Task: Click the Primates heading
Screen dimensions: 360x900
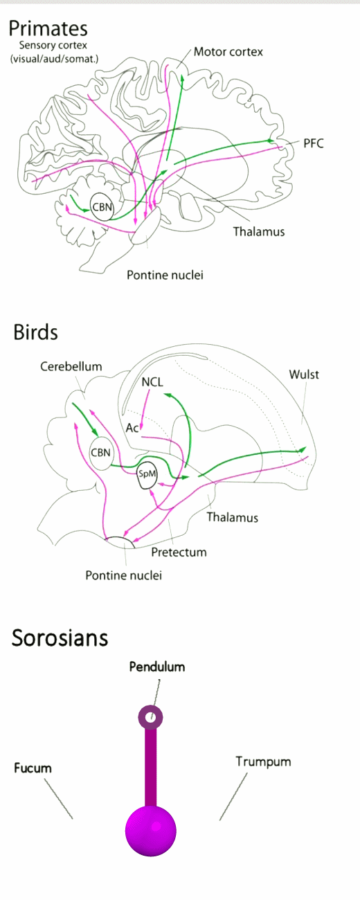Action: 48,29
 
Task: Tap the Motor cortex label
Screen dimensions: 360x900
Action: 228,52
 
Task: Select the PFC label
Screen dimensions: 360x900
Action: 314,143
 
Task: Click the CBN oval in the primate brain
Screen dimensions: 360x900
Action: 102,207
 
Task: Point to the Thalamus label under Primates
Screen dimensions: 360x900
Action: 259,231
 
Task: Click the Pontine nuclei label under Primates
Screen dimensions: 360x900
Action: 165,275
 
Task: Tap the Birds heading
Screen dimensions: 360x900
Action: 35,332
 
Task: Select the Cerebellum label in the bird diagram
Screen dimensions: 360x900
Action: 71,366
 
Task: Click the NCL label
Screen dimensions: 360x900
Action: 152,381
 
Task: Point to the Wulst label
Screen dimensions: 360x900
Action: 304,375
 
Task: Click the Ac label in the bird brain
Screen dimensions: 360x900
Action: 132,428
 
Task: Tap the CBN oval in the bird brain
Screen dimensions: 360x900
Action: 101,453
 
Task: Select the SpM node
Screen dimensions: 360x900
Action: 147,474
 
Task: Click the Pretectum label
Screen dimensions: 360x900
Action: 179,552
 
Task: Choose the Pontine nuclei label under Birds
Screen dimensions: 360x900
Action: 124,575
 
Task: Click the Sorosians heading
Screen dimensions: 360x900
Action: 60,638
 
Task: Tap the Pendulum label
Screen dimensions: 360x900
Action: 157,667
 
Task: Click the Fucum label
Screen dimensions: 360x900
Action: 33,768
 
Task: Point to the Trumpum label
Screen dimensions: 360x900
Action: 263,762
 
